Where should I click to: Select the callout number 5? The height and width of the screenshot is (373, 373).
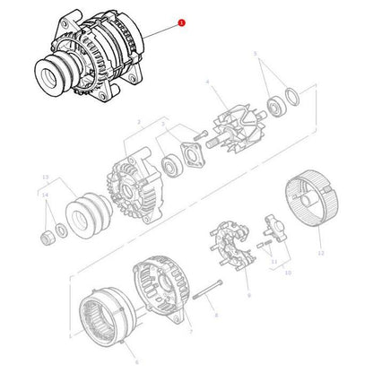[x=256, y=55]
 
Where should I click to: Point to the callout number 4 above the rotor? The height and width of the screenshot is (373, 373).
[x=208, y=82]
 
